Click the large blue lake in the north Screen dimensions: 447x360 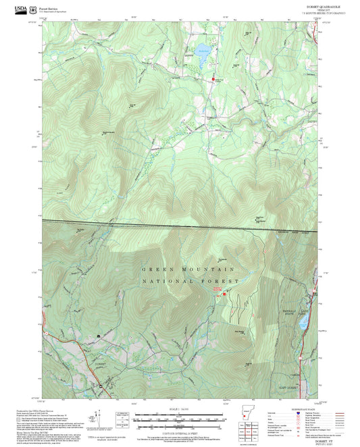click(203, 55)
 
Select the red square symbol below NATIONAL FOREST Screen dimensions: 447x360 click(225, 291)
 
